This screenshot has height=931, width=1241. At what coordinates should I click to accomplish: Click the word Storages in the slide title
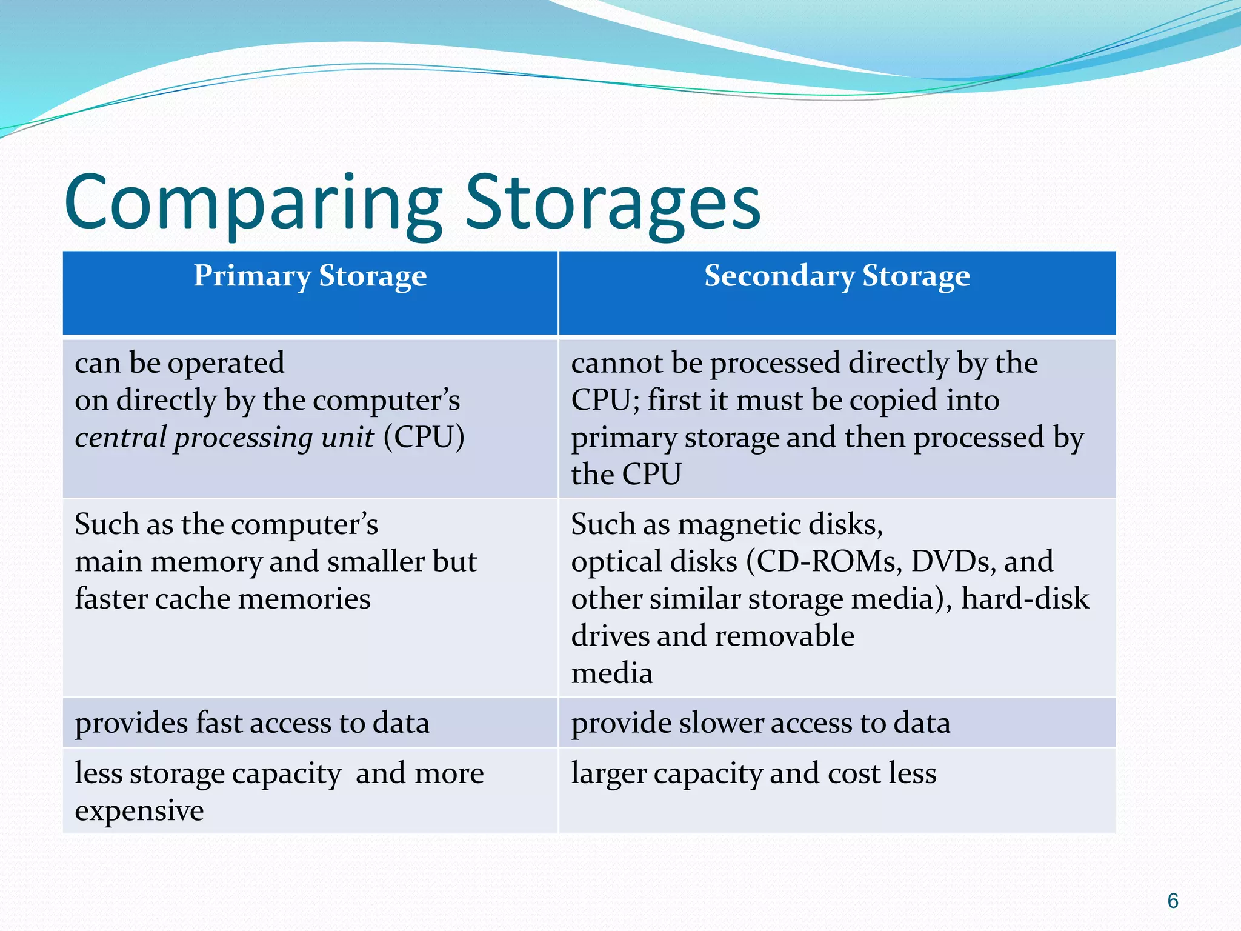(612, 203)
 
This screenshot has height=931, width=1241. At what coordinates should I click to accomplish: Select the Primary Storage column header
(310, 276)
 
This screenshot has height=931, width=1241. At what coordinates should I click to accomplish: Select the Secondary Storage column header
(837, 276)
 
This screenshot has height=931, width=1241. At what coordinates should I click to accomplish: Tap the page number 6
(1173, 901)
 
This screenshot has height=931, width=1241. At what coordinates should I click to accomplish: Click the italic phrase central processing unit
(224, 438)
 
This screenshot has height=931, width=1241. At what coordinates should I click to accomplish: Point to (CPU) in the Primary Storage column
(424, 438)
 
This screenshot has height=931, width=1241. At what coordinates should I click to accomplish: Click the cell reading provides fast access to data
(252, 723)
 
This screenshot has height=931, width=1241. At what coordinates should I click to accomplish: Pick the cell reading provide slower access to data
(760, 723)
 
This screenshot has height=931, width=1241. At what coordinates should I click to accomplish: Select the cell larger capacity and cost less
(753, 774)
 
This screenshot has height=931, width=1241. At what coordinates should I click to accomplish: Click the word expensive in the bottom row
(139, 811)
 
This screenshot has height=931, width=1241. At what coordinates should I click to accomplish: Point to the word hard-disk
(1025, 599)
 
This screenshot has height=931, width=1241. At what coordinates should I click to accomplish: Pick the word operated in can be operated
(225, 364)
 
